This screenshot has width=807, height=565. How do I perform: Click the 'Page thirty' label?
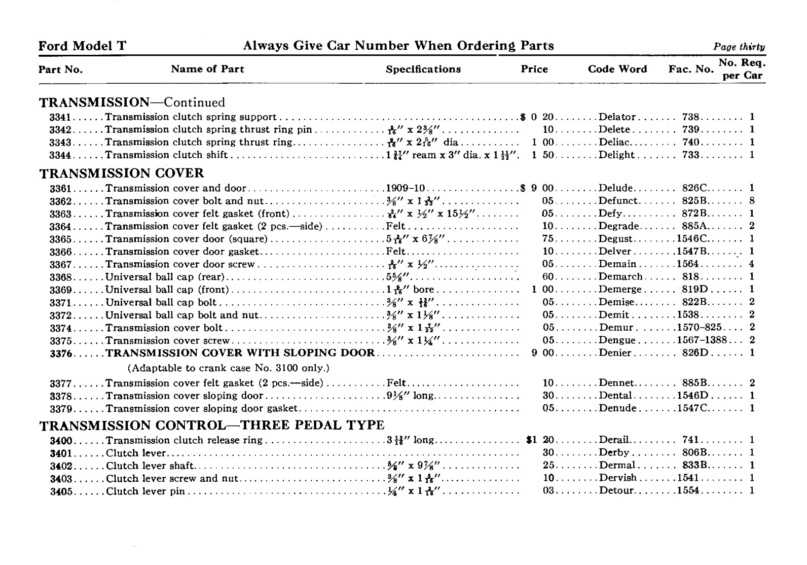coord(739,47)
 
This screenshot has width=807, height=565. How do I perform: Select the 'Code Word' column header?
coord(617,69)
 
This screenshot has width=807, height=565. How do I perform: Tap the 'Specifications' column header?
coord(423,69)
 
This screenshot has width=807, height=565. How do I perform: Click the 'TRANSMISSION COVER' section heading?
coord(122,173)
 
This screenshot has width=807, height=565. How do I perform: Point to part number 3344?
coord(60,155)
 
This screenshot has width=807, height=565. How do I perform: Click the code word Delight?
coord(616,155)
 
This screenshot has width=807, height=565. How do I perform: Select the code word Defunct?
coord(618,201)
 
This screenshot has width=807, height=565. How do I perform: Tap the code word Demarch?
coord(620,277)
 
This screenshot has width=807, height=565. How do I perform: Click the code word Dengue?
coord(617,341)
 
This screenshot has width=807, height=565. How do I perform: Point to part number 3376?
coord(61,354)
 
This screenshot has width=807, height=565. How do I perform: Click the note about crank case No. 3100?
coord(228,368)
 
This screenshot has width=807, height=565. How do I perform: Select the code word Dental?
coord(615,396)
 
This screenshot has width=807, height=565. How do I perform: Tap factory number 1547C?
coord(692,409)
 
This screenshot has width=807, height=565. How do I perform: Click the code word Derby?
coord(614,453)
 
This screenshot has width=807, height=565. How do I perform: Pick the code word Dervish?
coord(617,478)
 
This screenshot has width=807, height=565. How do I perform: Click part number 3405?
coord(61,491)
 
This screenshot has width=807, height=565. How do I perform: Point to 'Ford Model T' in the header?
coord(82,46)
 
